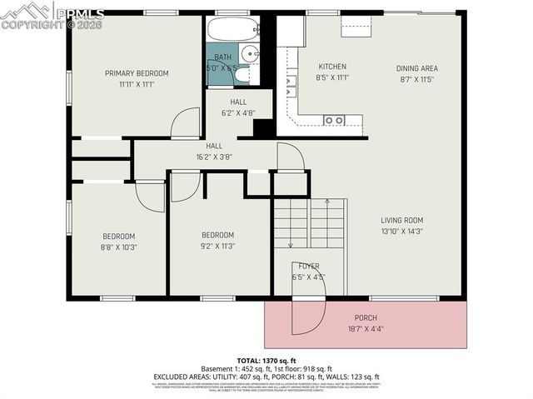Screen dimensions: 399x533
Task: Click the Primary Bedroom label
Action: click(137, 73)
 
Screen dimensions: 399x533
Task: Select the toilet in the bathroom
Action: click(242, 75)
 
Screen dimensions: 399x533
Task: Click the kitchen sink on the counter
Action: click(334, 120)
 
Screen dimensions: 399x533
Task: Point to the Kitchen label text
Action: click(332, 67)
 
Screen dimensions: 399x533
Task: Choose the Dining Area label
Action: click(416, 68)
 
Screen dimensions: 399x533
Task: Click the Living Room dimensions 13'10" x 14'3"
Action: click(402, 231)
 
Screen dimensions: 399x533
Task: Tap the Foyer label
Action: click(308, 267)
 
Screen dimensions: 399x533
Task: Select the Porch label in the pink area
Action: click(366, 317)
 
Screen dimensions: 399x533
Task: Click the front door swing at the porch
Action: click(306, 315)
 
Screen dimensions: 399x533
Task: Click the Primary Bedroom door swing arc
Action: click(185, 123)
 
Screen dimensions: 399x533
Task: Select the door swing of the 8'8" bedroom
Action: click(150, 197)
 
